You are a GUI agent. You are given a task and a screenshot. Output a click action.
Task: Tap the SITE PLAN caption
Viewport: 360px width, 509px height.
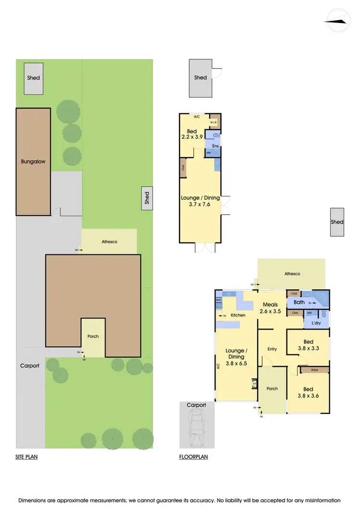pyautogui.click(x=26, y=457)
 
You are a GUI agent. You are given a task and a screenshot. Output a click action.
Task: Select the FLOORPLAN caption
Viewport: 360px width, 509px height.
pyautogui.click(x=193, y=457)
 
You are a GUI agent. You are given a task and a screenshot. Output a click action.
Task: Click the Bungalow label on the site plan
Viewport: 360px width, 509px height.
pyautogui.click(x=33, y=161)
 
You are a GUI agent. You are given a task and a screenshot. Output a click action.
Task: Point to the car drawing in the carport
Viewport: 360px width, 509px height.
pyautogui.click(x=196, y=429)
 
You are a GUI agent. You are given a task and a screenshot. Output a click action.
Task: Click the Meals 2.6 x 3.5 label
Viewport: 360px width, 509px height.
pyautogui.click(x=270, y=308)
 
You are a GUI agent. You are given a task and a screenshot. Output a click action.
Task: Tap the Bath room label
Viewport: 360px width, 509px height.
pyautogui.click(x=299, y=303)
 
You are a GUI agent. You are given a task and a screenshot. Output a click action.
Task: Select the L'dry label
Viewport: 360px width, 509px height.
pyautogui.click(x=316, y=323)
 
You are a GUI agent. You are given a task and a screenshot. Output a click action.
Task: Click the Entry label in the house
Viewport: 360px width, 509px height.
pyautogui.click(x=272, y=349)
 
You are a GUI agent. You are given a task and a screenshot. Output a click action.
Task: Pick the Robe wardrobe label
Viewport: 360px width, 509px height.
pyautogui.click(x=314, y=370)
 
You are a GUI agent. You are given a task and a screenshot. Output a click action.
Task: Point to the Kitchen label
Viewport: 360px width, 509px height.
pyautogui.click(x=238, y=315)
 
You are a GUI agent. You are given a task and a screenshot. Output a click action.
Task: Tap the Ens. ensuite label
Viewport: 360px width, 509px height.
pyautogui.click(x=216, y=145)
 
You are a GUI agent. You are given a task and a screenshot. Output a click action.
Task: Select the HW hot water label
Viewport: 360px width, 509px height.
pyautogui.click(x=209, y=153)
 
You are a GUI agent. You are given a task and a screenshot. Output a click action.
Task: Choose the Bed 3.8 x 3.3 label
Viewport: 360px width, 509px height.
pyautogui.click(x=308, y=346)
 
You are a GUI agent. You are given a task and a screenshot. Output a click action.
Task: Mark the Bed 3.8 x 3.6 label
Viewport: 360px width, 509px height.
pyautogui.click(x=308, y=392)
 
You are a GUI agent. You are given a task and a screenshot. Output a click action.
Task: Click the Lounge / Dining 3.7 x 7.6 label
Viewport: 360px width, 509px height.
pyautogui.click(x=200, y=201)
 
